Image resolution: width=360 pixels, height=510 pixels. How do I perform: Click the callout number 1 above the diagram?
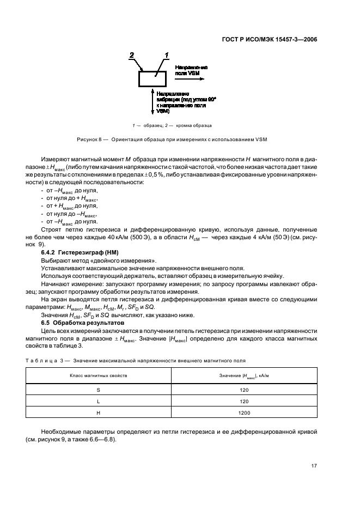pyautogui.click(x=167, y=54)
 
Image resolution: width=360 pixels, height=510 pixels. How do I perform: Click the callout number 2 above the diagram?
pyautogui.click(x=131, y=55)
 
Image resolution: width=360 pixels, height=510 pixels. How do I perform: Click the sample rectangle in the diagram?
pyautogui.click(x=154, y=79)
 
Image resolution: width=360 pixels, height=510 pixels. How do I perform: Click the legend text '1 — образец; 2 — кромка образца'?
pyautogui.click(x=168, y=126)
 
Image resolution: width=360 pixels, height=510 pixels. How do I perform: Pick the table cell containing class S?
pyautogui.click(x=98, y=390)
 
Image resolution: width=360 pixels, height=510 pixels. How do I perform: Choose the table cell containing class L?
pyautogui.click(x=98, y=402)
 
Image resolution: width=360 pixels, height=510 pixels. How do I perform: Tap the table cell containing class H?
pyautogui.click(x=98, y=413)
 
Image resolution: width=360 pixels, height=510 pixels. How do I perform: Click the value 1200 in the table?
pyautogui.click(x=244, y=413)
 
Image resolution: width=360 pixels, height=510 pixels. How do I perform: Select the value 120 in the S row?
pyautogui.click(x=244, y=390)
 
